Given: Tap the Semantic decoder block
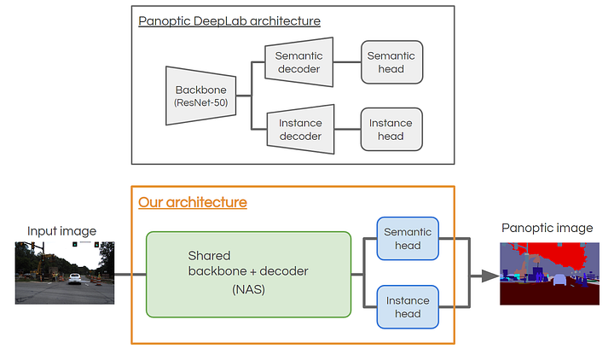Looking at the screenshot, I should coord(299,61).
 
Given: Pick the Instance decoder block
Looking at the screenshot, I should coord(299,130).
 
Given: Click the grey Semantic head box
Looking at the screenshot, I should coord(391,61).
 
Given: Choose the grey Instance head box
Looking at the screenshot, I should coord(391,130).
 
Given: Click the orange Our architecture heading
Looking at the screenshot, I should coord(193,202).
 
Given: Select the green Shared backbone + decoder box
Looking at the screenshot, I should coord(248,274).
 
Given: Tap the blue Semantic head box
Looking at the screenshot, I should coord(408,238).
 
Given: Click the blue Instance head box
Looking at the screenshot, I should coord(408,307).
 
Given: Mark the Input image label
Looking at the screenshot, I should coord(61,231).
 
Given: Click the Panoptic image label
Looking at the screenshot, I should coord(546,227).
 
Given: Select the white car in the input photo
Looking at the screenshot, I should coord(74,279).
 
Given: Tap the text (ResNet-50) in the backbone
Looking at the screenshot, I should coord(198,103).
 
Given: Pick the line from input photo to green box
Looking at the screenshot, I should coord(130,275).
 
